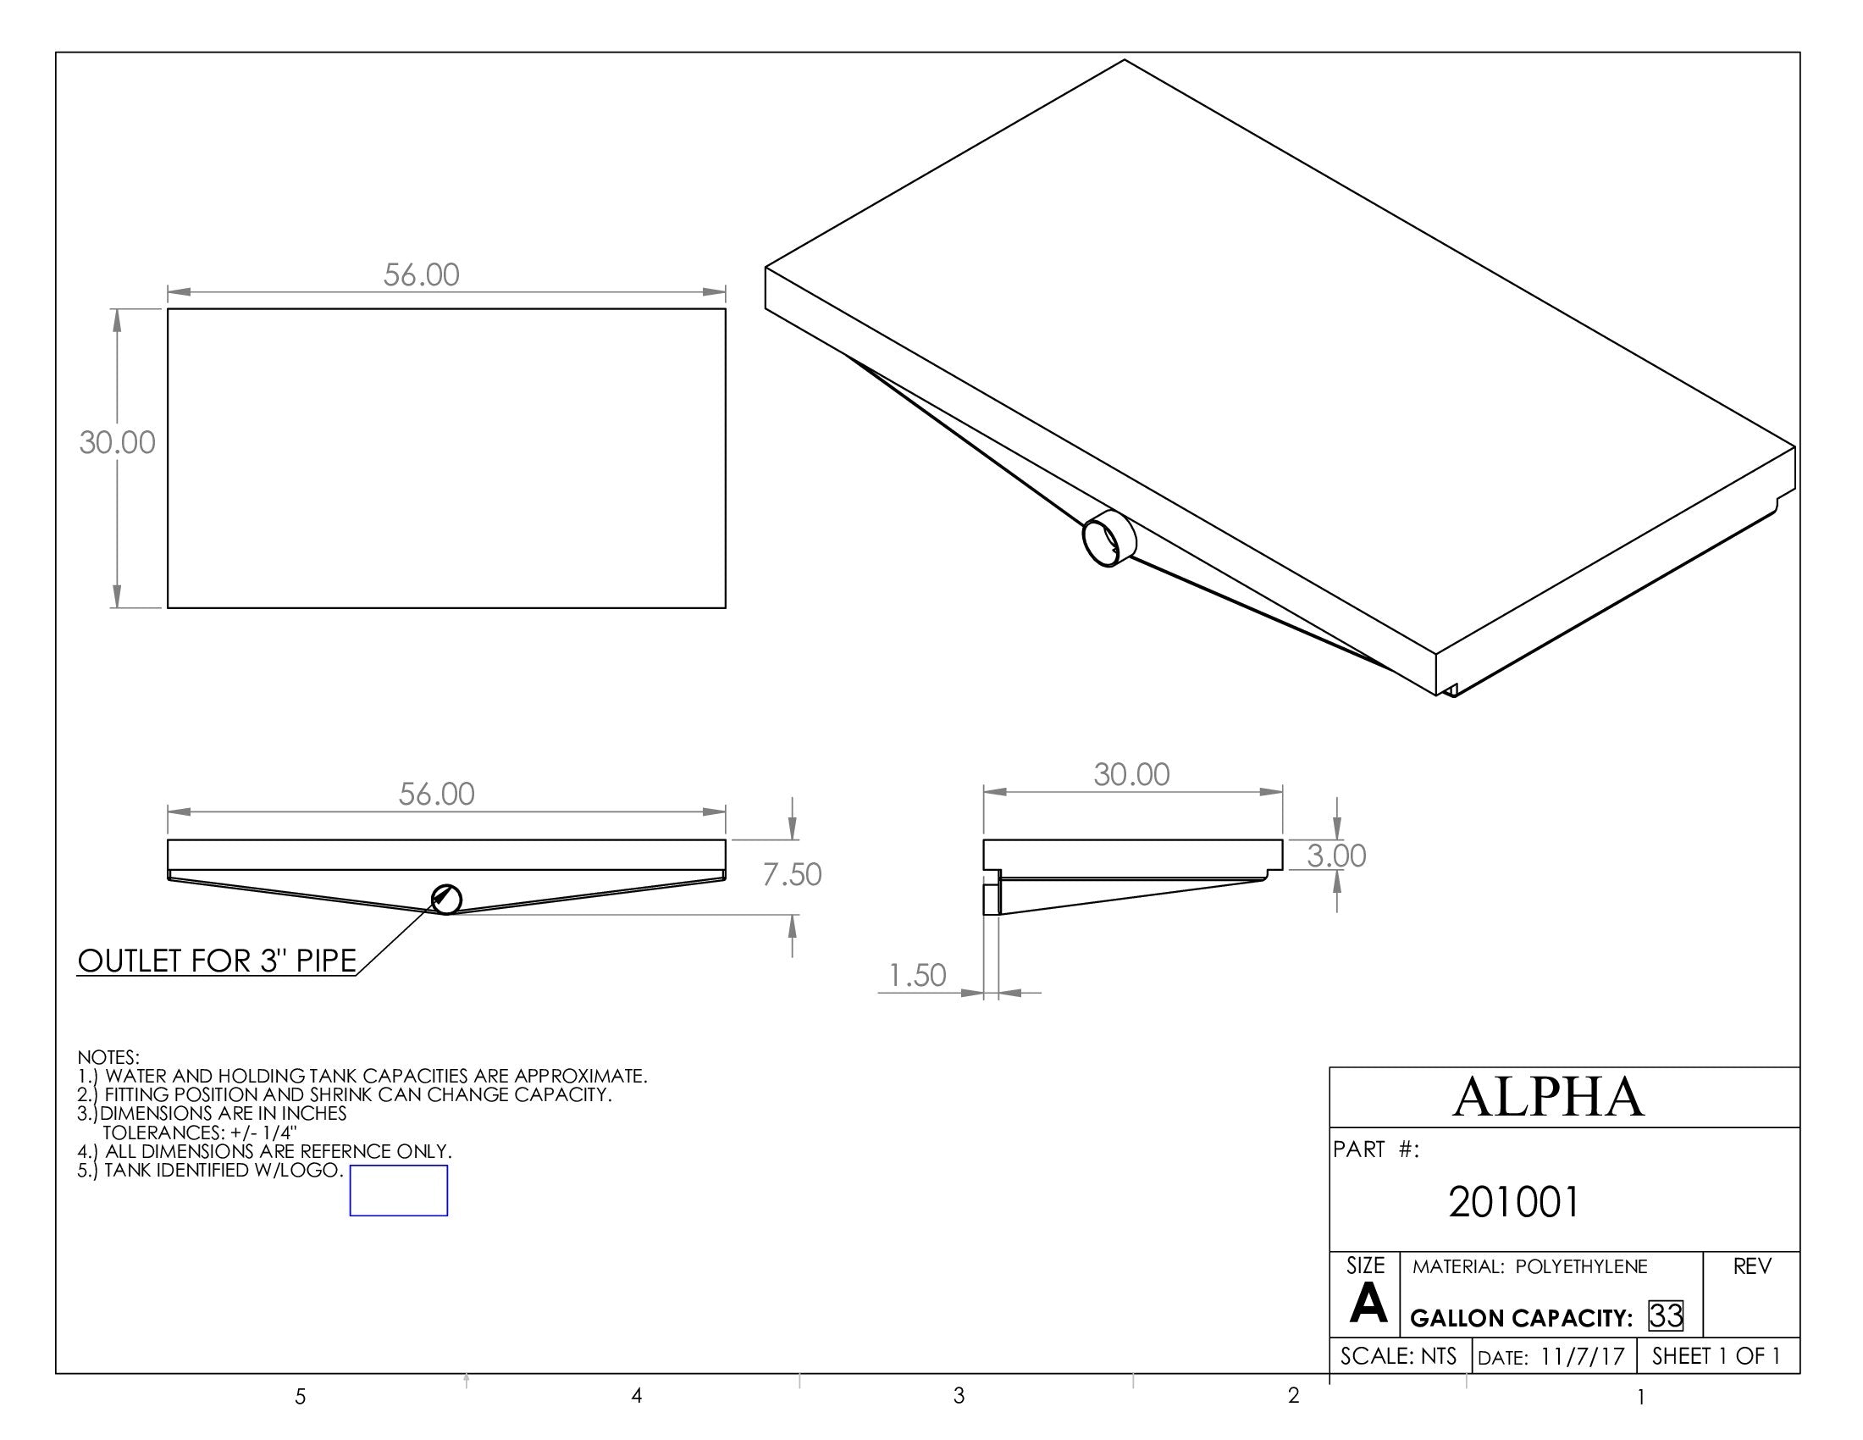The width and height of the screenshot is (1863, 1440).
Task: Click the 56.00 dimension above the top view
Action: [x=422, y=274]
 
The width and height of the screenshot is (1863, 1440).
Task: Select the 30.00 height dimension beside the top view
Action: [x=117, y=442]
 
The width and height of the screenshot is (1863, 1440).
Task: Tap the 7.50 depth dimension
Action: [x=792, y=874]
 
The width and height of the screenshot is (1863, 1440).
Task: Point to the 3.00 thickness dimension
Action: [x=1335, y=856]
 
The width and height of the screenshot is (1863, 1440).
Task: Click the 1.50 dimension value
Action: [x=917, y=975]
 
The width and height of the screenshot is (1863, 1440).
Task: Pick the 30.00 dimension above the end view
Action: [x=1131, y=774]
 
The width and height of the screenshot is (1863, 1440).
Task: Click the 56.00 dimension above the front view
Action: [x=436, y=795]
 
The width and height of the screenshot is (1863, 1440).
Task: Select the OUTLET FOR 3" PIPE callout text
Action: [x=217, y=961]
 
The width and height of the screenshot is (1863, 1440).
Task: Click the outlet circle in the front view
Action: [x=446, y=899]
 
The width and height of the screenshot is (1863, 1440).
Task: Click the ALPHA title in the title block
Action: [x=1548, y=1097]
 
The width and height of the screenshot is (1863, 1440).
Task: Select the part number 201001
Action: [x=1513, y=1202]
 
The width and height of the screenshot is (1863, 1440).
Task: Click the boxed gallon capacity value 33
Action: [x=1665, y=1315]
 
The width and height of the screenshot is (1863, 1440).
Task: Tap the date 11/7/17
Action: [x=1583, y=1357]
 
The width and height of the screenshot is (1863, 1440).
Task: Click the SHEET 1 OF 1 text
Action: [x=1716, y=1356]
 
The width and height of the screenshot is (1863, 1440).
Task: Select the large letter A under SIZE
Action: [x=1368, y=1304]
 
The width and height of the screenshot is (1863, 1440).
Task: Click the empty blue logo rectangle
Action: [x=398, y=1190]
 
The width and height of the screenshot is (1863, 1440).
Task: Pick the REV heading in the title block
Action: [x=1752, y=1267]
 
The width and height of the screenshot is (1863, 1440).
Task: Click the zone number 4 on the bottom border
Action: [x=636, y=1396]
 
